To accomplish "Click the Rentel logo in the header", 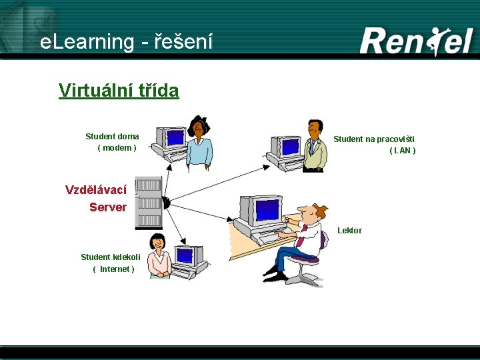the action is point(416,41).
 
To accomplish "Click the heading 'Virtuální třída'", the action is point(119,90).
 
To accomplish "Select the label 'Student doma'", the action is point(112,137).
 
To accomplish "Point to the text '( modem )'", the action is point(117,147).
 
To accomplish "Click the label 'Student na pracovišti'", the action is point(373,139).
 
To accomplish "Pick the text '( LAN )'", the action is point(403,151).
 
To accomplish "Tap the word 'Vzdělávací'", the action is point(96,190).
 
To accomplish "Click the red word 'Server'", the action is point(108,207).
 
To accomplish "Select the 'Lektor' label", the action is point(349,231).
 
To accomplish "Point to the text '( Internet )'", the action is point(113,269).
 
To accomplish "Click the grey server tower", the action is point(149,203).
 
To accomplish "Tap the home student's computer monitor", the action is point(174,138).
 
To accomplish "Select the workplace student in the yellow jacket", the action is point(314,148).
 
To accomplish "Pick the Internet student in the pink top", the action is point(159,256).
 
